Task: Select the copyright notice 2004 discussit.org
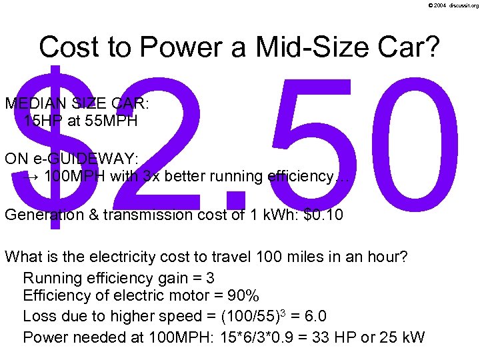(455, 5)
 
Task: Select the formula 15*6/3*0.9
(263, 337)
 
